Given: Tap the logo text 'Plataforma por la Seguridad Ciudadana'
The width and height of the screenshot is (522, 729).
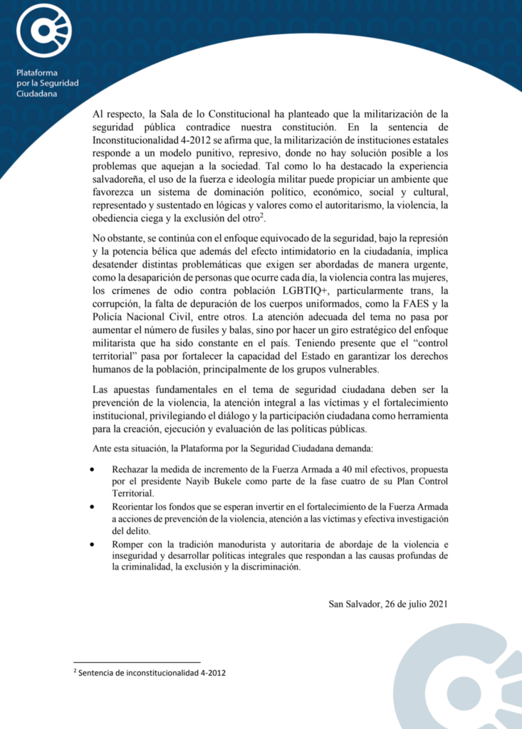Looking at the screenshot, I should point(48,83).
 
